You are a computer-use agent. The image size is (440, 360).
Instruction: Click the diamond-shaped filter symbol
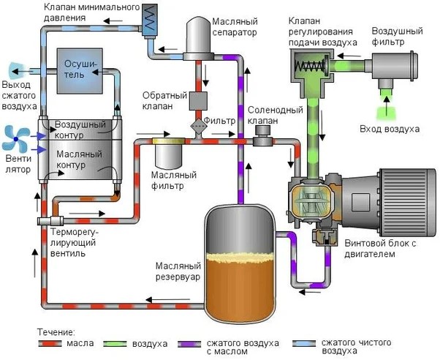coord(198,126)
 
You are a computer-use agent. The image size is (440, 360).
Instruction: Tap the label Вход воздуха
coord(390,129)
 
